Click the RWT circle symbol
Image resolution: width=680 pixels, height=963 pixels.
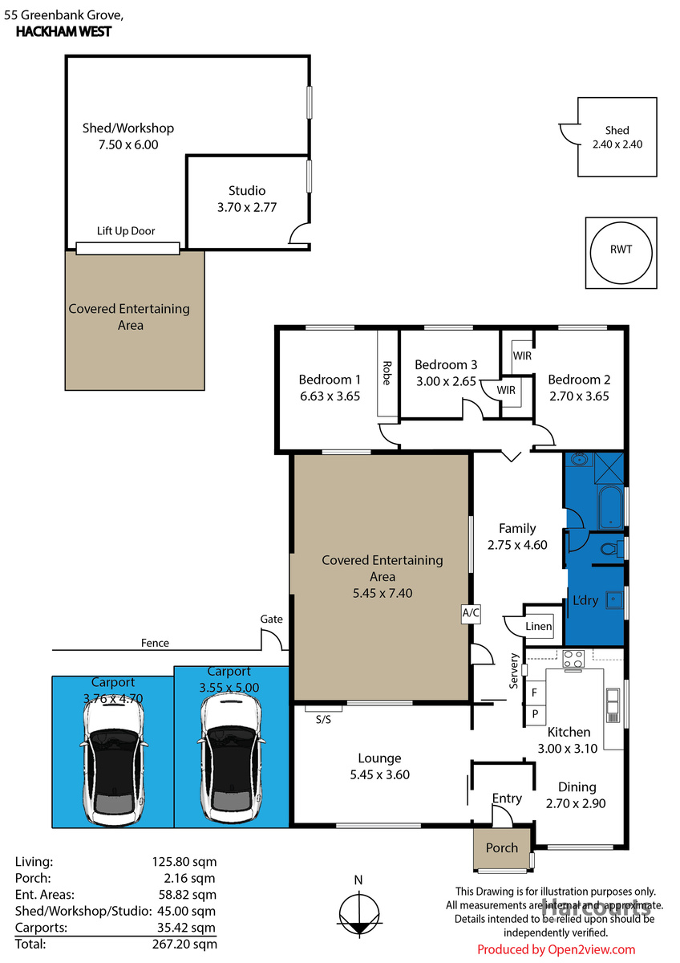(621, 250)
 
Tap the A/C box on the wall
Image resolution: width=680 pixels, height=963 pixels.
(470, 613)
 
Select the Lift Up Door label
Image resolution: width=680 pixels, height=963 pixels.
(126, 231)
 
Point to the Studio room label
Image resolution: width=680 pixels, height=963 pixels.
(247, 191)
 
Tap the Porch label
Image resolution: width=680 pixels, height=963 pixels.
(502, 847)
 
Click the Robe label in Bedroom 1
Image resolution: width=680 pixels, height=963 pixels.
(387, 372)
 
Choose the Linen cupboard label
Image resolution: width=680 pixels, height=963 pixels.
(539, 627)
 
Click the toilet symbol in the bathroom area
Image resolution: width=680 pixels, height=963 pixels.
(611, 549)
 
